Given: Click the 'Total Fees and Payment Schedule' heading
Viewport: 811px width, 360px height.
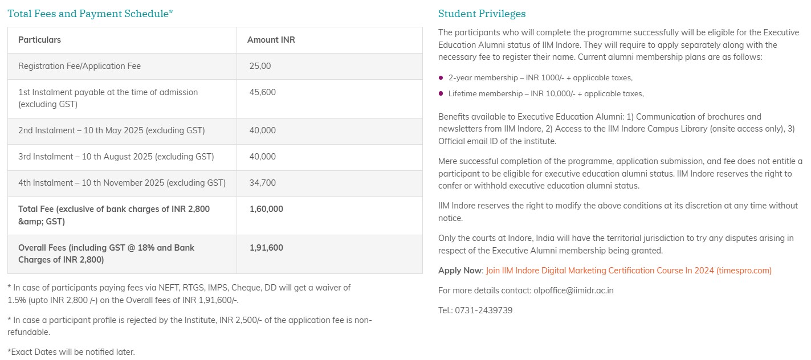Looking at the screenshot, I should pos(90,14).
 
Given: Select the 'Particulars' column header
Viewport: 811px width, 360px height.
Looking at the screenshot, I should pos(39,40).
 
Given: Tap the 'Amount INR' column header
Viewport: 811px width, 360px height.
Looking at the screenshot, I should pos(271,40).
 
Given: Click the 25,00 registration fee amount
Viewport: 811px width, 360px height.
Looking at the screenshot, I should pos(260,66).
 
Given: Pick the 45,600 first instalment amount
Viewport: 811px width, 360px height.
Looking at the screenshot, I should pos(262,92).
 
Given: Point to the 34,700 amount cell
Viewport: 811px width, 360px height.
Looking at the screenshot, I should pos(262,183).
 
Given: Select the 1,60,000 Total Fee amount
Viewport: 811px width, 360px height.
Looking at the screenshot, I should pos(266,209).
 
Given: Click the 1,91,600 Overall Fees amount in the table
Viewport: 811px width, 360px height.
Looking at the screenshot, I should pos(266,248).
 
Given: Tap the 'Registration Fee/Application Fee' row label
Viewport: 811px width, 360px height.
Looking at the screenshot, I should pos(79,66).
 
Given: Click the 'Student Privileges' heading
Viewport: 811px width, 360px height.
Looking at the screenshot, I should pos(482,14).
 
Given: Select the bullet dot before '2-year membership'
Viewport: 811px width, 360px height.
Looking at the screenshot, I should pos(441,77).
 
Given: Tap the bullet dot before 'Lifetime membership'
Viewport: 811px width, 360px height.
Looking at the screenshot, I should pos(441,93).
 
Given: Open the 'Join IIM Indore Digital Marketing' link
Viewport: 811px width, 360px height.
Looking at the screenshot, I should pos(629,271).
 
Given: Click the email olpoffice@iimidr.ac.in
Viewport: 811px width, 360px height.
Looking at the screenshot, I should pos(573,291).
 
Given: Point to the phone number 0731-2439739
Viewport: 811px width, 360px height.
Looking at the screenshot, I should pos(483,310).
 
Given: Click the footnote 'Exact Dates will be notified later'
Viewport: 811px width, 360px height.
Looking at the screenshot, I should pos(71,352).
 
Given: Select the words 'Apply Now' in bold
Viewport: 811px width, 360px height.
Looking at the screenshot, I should pos(460,271).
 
